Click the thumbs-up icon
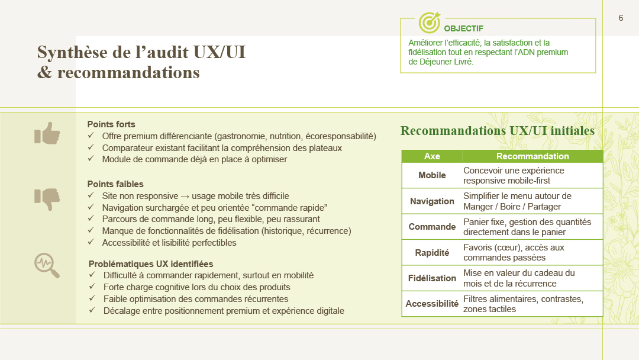47,133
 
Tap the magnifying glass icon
47,265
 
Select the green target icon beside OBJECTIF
430,22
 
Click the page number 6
621,18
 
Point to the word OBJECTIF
464,28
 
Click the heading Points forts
111,124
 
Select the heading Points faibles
115,184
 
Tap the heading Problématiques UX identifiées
151,264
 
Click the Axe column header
432,156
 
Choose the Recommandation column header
532,156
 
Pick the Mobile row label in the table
432,175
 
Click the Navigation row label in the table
432,201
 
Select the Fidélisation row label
432,278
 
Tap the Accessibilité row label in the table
432,304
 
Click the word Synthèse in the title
72,53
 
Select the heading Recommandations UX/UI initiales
497,131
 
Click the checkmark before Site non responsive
91,196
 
